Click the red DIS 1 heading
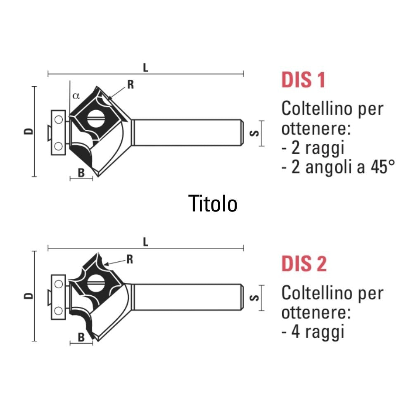(303, 80)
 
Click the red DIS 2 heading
(304, 263)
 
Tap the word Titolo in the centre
(213, 204)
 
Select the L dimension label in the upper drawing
(146, 68)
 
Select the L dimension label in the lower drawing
(146, 242)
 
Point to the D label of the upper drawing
(29, 131)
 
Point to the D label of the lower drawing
(29, 296)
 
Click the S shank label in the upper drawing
(254, 133)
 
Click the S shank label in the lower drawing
(254, 298)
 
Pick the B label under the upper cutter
(81, 173)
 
